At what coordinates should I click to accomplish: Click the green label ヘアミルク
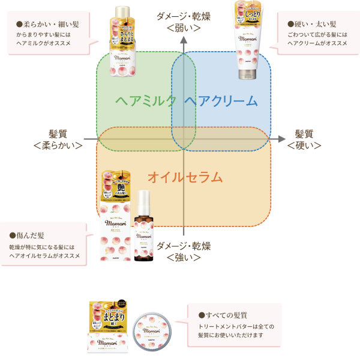(x=146, y=101)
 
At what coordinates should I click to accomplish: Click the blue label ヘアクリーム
(x=221, y=101)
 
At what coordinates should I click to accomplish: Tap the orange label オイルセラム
(x=185, y=177)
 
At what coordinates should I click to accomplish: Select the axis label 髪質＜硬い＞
(x=304, y=139)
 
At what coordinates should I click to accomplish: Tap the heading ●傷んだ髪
(x=31, y=235)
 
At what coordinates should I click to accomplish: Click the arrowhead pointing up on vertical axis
(x=185, y=40)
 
